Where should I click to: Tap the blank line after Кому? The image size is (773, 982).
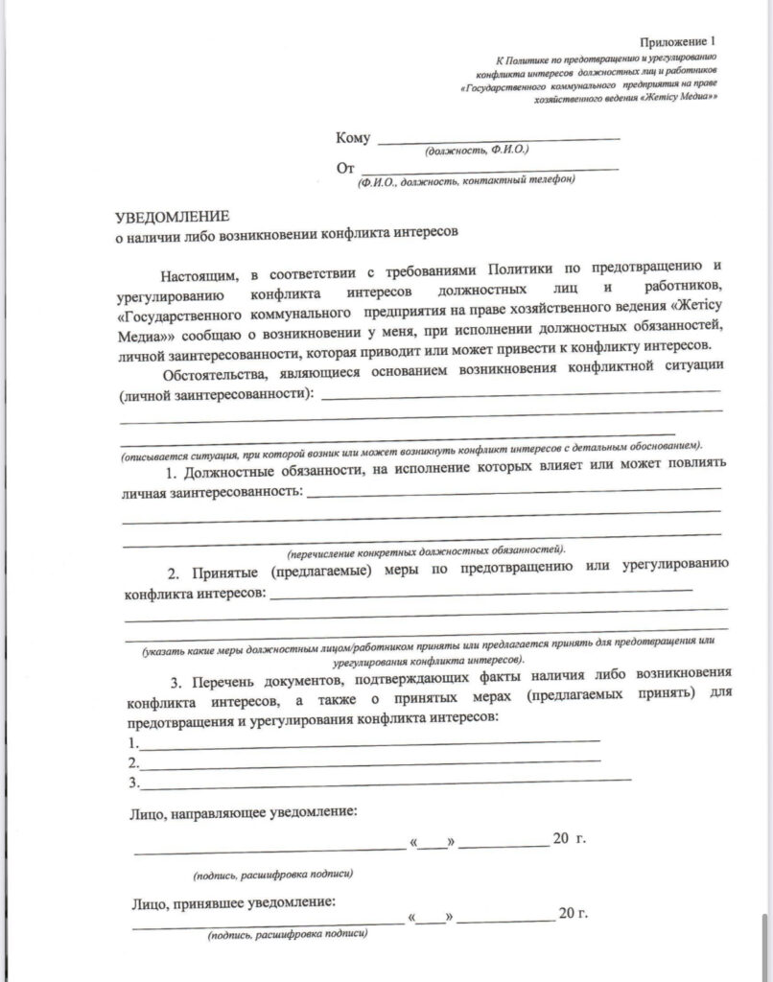point(499,140)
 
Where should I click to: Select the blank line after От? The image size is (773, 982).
point(489,170)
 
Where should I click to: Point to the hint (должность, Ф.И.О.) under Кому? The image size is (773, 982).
point(476,152)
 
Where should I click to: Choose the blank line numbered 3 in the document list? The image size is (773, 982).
point(384,783)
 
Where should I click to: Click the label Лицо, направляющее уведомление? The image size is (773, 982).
point(242,813)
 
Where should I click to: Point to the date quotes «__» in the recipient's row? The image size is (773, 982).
point(434,916)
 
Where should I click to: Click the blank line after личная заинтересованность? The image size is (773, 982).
point(513,494)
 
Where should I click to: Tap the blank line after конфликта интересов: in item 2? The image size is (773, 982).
point(480,595)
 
